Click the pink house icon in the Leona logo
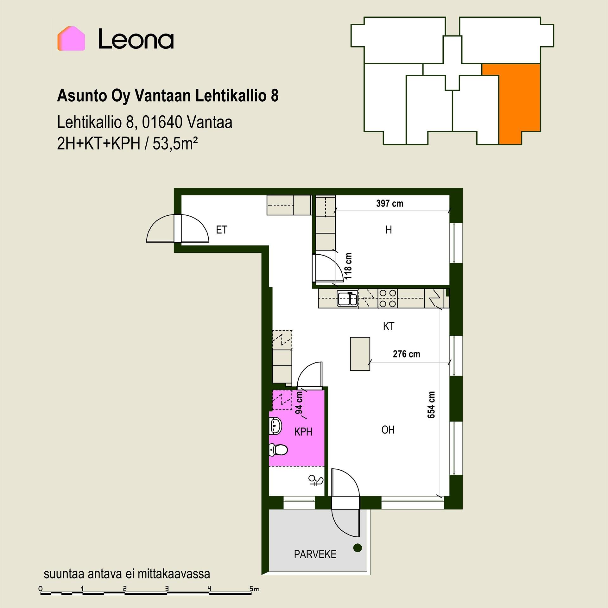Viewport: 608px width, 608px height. (x=71, y=38)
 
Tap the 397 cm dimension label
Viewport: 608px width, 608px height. (x=390, y=203)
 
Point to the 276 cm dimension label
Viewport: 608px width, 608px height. (x=406, y=354)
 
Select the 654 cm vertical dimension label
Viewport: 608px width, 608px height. (x=431, y=405)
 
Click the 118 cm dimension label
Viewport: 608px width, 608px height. (x=348, y=266)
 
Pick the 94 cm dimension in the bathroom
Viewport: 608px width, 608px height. (x=299, y=402)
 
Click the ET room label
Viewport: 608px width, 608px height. (x=222, y=230)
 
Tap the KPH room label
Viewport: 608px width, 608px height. (x=303, y=432)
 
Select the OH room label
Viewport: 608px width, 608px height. (x=388, y=430)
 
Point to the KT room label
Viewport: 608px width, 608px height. (x=389, y=326)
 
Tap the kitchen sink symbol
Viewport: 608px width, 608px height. (x=347, y=299)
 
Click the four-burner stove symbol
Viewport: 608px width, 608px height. (x=388, y=298)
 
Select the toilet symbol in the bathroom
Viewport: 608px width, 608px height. (x=278, y=450)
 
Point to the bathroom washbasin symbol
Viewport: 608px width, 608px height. (x=275, y=426)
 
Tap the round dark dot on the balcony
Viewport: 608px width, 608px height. (x=358, y=548)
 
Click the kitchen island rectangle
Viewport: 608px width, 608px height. (x=360, y=354)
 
